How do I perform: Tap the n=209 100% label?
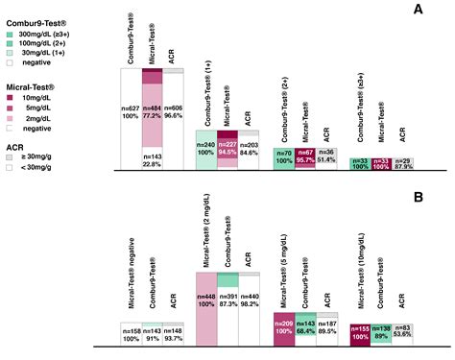pos(284,325)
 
